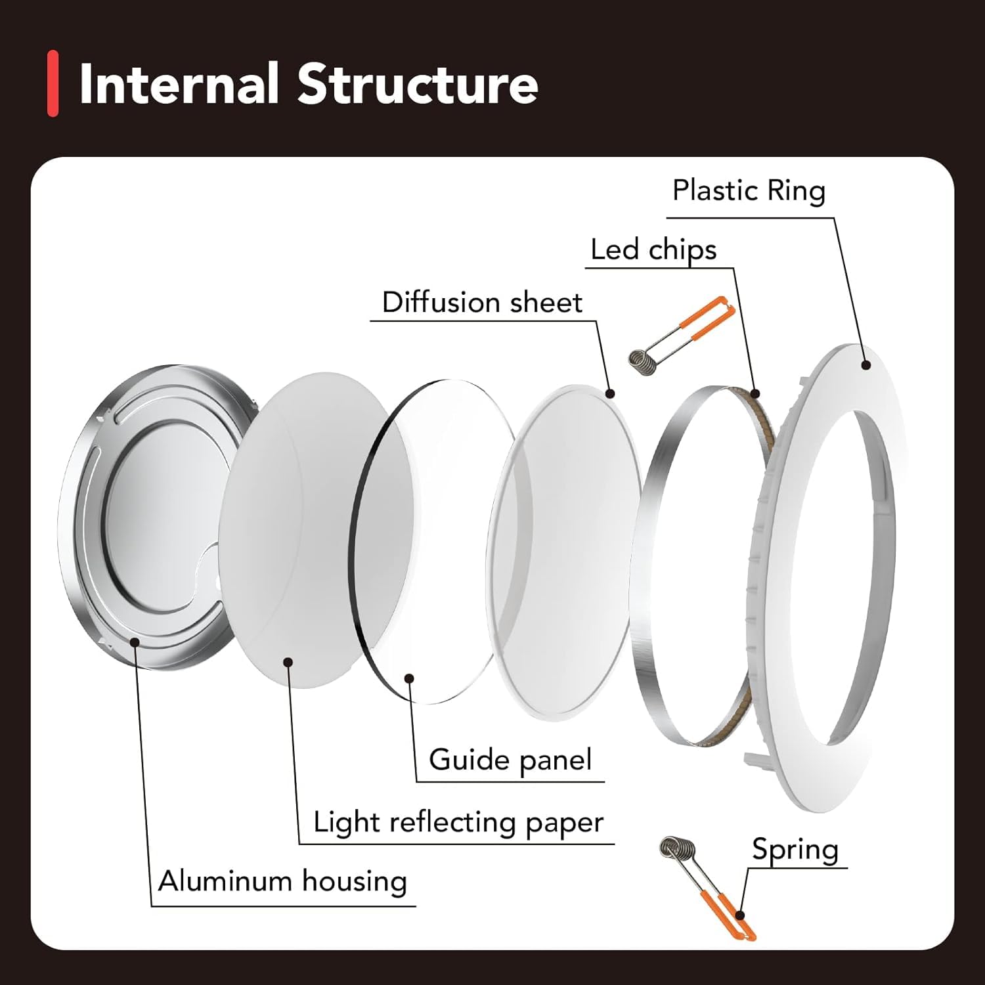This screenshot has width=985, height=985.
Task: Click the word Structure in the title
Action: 418,84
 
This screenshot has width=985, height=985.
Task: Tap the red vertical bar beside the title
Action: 53,84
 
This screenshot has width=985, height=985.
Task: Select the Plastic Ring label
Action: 749,191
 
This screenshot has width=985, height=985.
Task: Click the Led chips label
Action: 653,250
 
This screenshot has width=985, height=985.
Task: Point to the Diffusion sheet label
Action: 482,303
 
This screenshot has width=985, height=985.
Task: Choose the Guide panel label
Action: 510,760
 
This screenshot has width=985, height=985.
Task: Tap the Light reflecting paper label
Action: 458,822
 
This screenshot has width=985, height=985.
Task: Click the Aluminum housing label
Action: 282,881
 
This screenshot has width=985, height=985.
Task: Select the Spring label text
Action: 795,850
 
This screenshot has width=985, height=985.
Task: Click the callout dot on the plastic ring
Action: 865,365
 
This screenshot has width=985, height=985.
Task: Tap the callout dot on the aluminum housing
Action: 135,642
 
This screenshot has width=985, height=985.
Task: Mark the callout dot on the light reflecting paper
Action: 288,661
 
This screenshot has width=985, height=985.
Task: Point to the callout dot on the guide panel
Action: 409,678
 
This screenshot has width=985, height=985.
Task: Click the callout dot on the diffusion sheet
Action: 610,394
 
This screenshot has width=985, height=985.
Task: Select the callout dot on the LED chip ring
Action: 755,394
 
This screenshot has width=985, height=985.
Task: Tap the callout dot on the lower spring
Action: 740,915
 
